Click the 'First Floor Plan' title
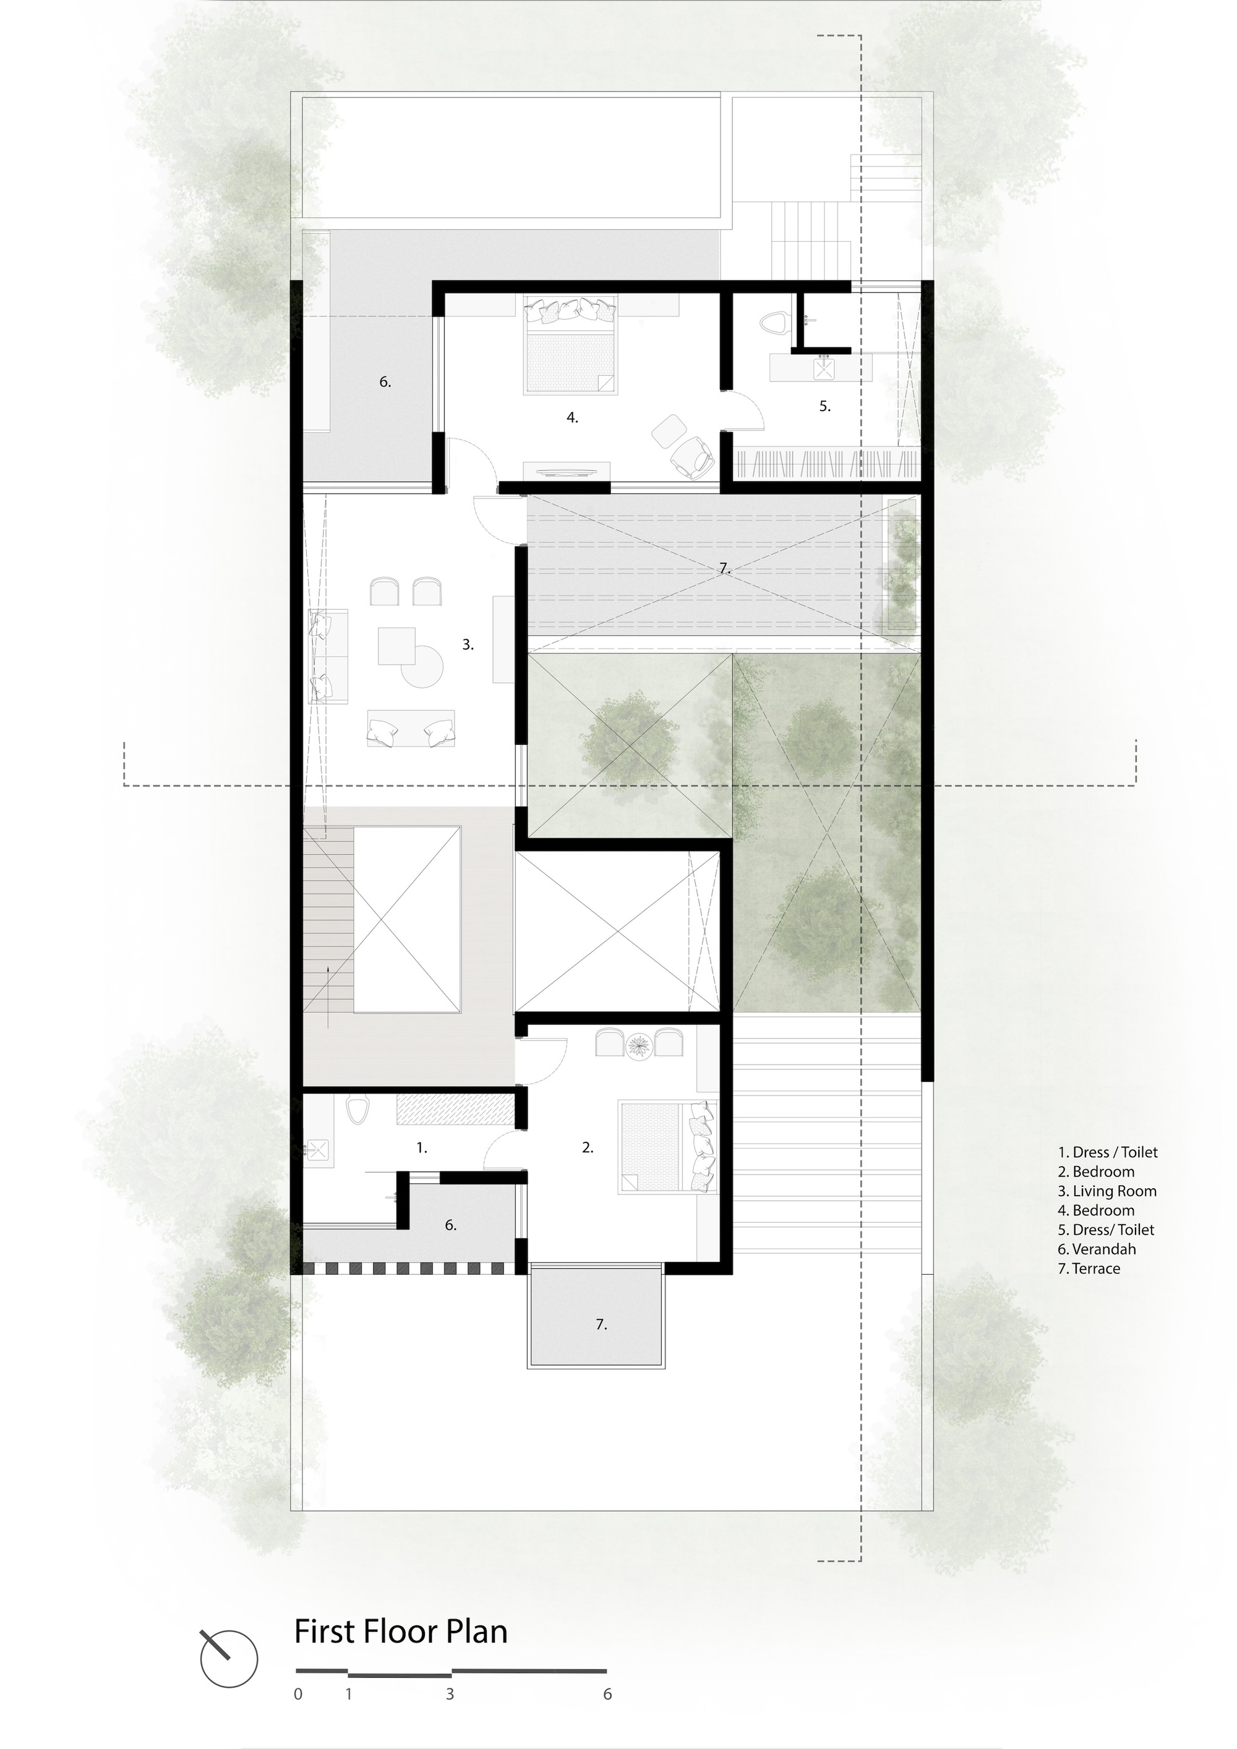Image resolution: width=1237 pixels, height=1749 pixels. point(401,1632)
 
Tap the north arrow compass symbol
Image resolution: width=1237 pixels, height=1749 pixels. point(229,1658)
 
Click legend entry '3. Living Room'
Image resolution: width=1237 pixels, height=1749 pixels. point(1106,1191)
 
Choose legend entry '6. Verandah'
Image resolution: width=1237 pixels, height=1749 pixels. point(1096,1248)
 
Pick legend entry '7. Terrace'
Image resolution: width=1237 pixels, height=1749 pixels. point(1089,1269)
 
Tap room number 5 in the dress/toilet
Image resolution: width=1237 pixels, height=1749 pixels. point(824,406)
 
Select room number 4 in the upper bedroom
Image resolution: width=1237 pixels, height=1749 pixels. point(571,417)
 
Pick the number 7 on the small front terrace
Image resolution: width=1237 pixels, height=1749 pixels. point(601,1325)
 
